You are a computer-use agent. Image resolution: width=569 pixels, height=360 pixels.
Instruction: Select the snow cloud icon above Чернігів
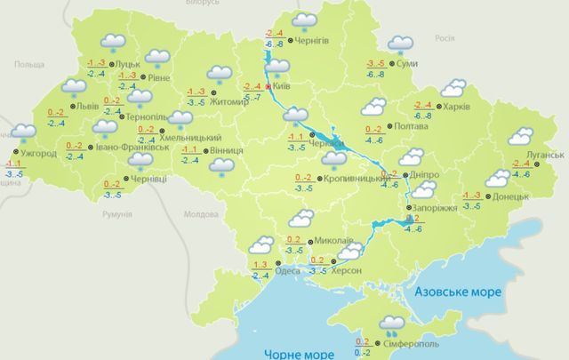pos(305,20)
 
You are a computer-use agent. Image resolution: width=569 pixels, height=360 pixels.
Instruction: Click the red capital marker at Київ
pos(268,87)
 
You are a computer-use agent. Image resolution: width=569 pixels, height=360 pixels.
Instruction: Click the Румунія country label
pos(116,214)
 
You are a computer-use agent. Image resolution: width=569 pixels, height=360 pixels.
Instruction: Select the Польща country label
pos(28,65)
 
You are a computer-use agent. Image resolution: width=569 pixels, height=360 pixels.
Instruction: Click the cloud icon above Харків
pos(453,87)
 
